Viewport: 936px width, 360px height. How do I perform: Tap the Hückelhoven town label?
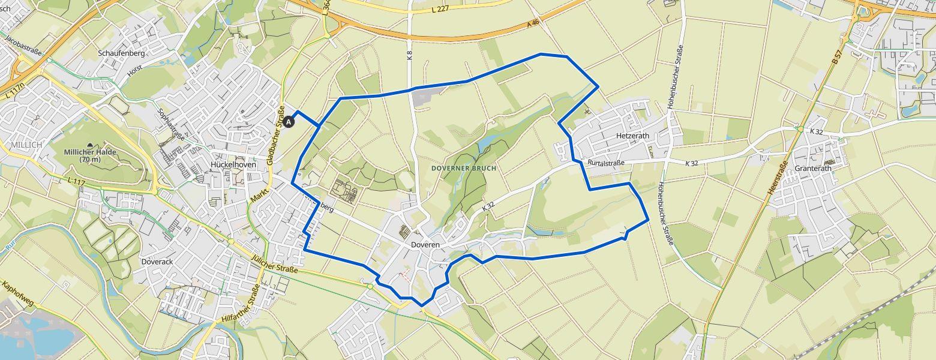tap(233, 164)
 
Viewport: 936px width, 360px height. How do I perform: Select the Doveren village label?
tap(425, 245)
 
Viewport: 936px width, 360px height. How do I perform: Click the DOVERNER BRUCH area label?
tap(464, 169)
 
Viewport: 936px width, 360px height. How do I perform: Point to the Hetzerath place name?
tap(632, 136)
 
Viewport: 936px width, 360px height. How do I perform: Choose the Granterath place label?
tap(813, 169)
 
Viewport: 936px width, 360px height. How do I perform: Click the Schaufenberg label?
tap(121, 53)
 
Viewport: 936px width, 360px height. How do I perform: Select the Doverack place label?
tap(157, 262)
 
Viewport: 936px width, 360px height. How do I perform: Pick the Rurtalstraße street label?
tap(607, 163)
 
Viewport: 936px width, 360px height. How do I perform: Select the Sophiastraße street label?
tap(169, 124)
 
